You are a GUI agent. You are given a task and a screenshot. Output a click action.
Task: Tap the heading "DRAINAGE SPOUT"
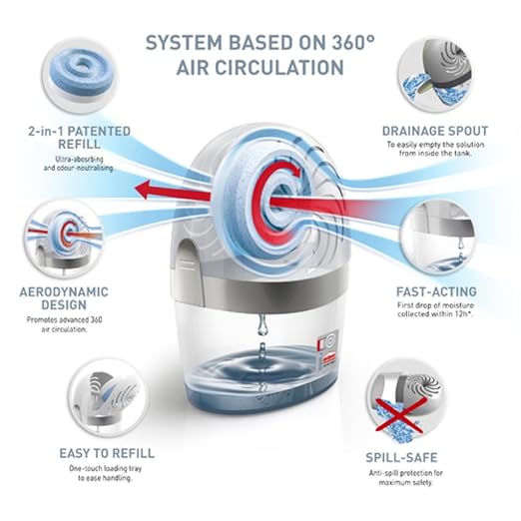click(435, 131)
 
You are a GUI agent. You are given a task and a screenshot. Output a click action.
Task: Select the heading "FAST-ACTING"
click(436, 291)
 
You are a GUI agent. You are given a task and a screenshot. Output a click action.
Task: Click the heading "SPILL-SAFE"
click(401, 457)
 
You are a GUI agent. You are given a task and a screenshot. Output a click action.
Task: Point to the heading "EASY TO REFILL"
click(107, 453)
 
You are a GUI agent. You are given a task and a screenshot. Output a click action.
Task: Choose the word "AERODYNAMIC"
click(64, 291)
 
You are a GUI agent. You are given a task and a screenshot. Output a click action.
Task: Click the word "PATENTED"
click(99, 131)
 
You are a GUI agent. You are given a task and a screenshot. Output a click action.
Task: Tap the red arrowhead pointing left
click(144, 190)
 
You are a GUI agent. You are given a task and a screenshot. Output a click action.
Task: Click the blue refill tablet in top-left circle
click(81, 70)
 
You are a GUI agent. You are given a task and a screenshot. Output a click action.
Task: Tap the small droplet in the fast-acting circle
click(461, 245)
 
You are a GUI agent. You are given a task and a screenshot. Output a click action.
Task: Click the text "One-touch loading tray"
click(106, 468)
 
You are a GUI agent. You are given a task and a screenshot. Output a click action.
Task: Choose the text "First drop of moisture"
click(435, 305)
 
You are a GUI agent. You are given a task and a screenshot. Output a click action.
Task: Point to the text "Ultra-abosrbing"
click(79, 159)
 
